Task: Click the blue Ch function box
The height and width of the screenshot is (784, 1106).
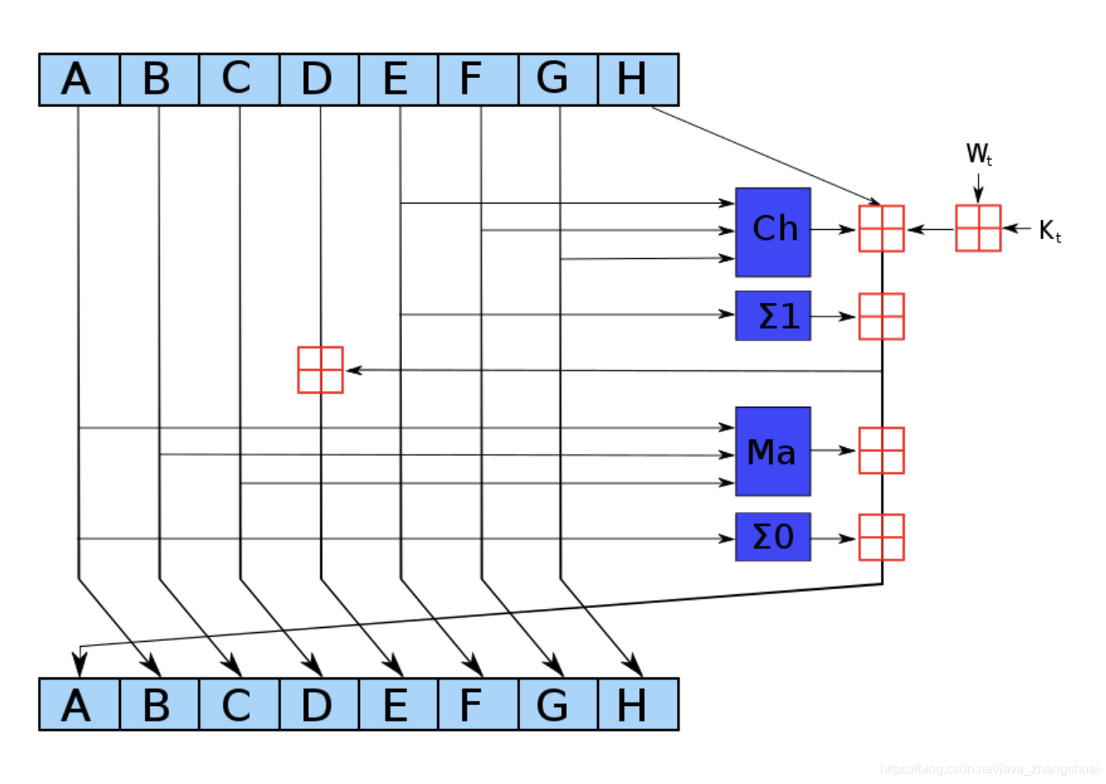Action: tap(772, 232)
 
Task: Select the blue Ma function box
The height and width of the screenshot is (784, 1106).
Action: tap(772, 451)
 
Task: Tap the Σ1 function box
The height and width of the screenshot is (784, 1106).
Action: tap(772, 316)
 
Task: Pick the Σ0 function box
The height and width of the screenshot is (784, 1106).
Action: tap(772, 537)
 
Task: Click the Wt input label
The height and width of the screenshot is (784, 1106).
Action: tap(978, 154)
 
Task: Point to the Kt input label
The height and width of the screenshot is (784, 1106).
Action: tap(1049, 231)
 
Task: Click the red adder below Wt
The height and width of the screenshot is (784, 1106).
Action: tap(978, 228)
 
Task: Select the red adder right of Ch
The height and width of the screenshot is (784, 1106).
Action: tap(881, 228)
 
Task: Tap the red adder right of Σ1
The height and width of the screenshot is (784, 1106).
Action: tap(881, 316)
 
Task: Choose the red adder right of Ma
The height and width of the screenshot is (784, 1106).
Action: tap(881, 450)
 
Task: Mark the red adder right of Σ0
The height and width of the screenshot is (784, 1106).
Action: tap(881, 537)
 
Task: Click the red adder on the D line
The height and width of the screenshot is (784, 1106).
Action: tap(320, 370)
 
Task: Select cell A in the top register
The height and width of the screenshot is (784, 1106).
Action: tap(79, 80)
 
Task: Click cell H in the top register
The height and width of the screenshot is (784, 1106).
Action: tap(637, 80)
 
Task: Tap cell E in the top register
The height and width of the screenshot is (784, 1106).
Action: tap(398, 80)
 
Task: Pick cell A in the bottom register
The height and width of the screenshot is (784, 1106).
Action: tap(79, 704)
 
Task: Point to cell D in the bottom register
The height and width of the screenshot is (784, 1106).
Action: tap(319, 704)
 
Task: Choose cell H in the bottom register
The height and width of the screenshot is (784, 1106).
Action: tap(637, 704)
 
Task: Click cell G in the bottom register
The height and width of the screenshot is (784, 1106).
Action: tap(557, 704)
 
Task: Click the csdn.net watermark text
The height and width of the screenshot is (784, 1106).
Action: tap(988, 769)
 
